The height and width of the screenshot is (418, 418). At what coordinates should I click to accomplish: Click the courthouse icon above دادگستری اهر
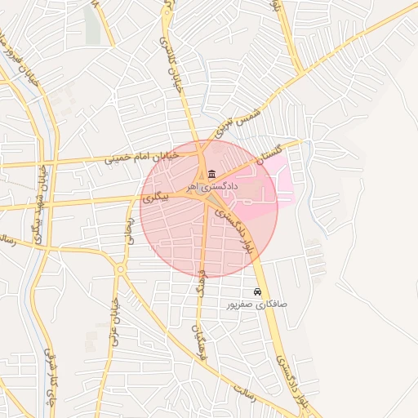pos(212,174)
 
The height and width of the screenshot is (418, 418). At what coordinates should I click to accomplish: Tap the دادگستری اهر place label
pos(212,187)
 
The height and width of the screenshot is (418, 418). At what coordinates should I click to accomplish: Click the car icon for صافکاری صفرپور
pos(257,291)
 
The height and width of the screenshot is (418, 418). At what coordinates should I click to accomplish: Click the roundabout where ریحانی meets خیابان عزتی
pos(120,269)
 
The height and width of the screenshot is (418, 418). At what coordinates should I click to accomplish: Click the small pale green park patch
pos(91,24)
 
